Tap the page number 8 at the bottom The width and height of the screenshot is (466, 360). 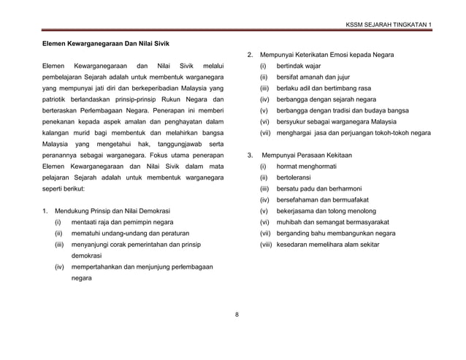pyautogui.click(x=237, y=315)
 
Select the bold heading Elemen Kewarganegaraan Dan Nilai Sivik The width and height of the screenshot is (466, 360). pyautogui.click(x=98, y=44)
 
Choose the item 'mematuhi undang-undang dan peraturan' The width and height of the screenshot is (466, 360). pyautogui.click(x=131, y=234)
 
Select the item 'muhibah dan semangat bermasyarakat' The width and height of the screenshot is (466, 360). pyautogui.click(x=343, y=222)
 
